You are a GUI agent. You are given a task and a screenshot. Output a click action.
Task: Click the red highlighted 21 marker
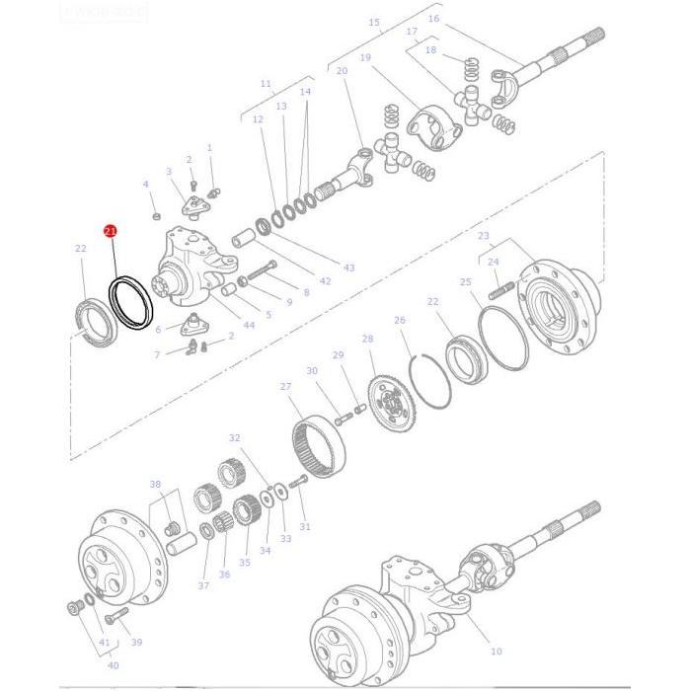click(111, 230)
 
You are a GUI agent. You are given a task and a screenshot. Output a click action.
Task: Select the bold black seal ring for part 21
click(130, 301)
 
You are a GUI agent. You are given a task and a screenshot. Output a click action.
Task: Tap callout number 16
click(433, 19)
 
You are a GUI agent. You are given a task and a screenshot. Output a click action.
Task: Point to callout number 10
click(496, 651)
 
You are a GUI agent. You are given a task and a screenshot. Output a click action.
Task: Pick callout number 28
click(367, 339)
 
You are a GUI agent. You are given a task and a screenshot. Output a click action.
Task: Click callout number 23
click(483, 236)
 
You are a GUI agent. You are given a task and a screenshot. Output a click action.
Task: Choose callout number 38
click(155, 484)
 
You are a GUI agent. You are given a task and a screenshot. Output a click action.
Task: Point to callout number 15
click(373, 22)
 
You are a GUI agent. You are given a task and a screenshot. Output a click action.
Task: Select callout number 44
click(248, 325)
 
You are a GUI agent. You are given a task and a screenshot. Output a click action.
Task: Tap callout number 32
click(234, 437)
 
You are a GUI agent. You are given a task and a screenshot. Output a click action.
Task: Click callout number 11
click(265, 84)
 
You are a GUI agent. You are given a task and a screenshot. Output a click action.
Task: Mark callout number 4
click(145, 185)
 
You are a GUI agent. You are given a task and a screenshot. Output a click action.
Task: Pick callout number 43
click(348, 269)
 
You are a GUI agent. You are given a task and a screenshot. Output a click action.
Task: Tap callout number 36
click(224, 575)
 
